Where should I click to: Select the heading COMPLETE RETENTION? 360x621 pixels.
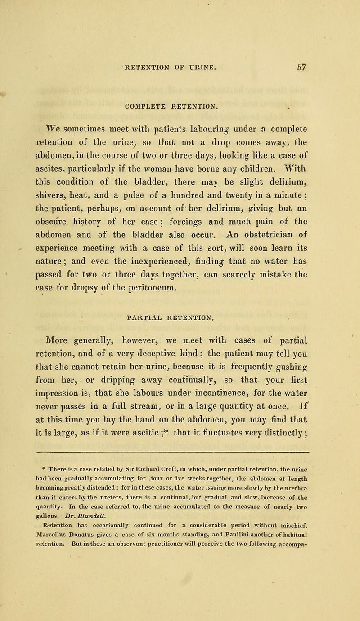point(182,96)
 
